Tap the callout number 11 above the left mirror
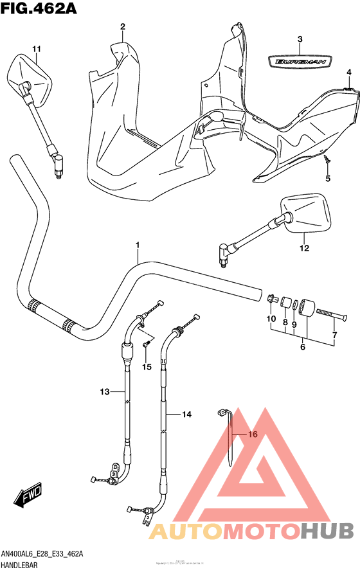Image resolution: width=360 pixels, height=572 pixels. pos(37,49)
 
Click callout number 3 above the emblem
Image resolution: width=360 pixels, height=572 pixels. pos(300,40)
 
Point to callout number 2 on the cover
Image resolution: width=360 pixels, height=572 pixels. pos(122,26)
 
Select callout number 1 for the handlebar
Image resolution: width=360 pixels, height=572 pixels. pos(137,245)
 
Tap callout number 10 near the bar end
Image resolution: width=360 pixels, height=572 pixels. pos(271,319)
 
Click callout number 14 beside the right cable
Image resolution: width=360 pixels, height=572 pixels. pos(186,415)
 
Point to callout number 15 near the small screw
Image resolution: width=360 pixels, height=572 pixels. pos(147,367)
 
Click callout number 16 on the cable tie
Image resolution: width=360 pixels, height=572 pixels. pos(252,434)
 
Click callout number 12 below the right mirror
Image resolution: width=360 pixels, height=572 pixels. pos(303,247)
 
